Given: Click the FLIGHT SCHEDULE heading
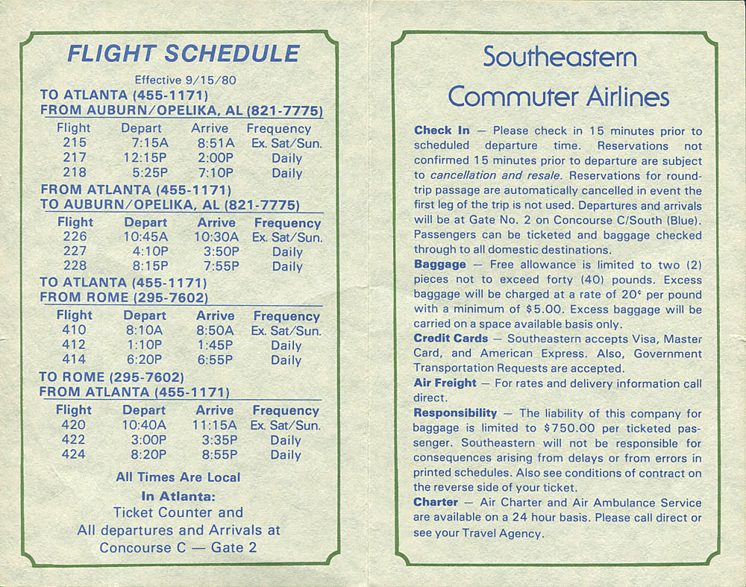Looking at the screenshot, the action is click(183, 54).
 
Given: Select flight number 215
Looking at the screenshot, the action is click(74, 142).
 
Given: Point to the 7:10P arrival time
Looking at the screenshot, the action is click(216, 173).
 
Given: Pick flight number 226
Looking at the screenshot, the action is click(75, 236).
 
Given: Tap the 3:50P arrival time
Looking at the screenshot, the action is click(221, 251).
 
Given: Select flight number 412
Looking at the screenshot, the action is click(73, 345).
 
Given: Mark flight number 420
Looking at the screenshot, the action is click(73, 424).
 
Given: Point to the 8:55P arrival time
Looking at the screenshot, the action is click(219, 454).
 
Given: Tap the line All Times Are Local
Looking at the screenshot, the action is click(178, 477).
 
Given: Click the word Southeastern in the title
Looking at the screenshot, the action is click(559, 57).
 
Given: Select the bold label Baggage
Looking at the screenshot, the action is click(440, 264).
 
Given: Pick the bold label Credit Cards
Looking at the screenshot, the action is click(451, 339).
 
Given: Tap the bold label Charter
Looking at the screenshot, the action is click(435, 503).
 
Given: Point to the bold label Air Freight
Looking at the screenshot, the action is click(445, 383).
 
